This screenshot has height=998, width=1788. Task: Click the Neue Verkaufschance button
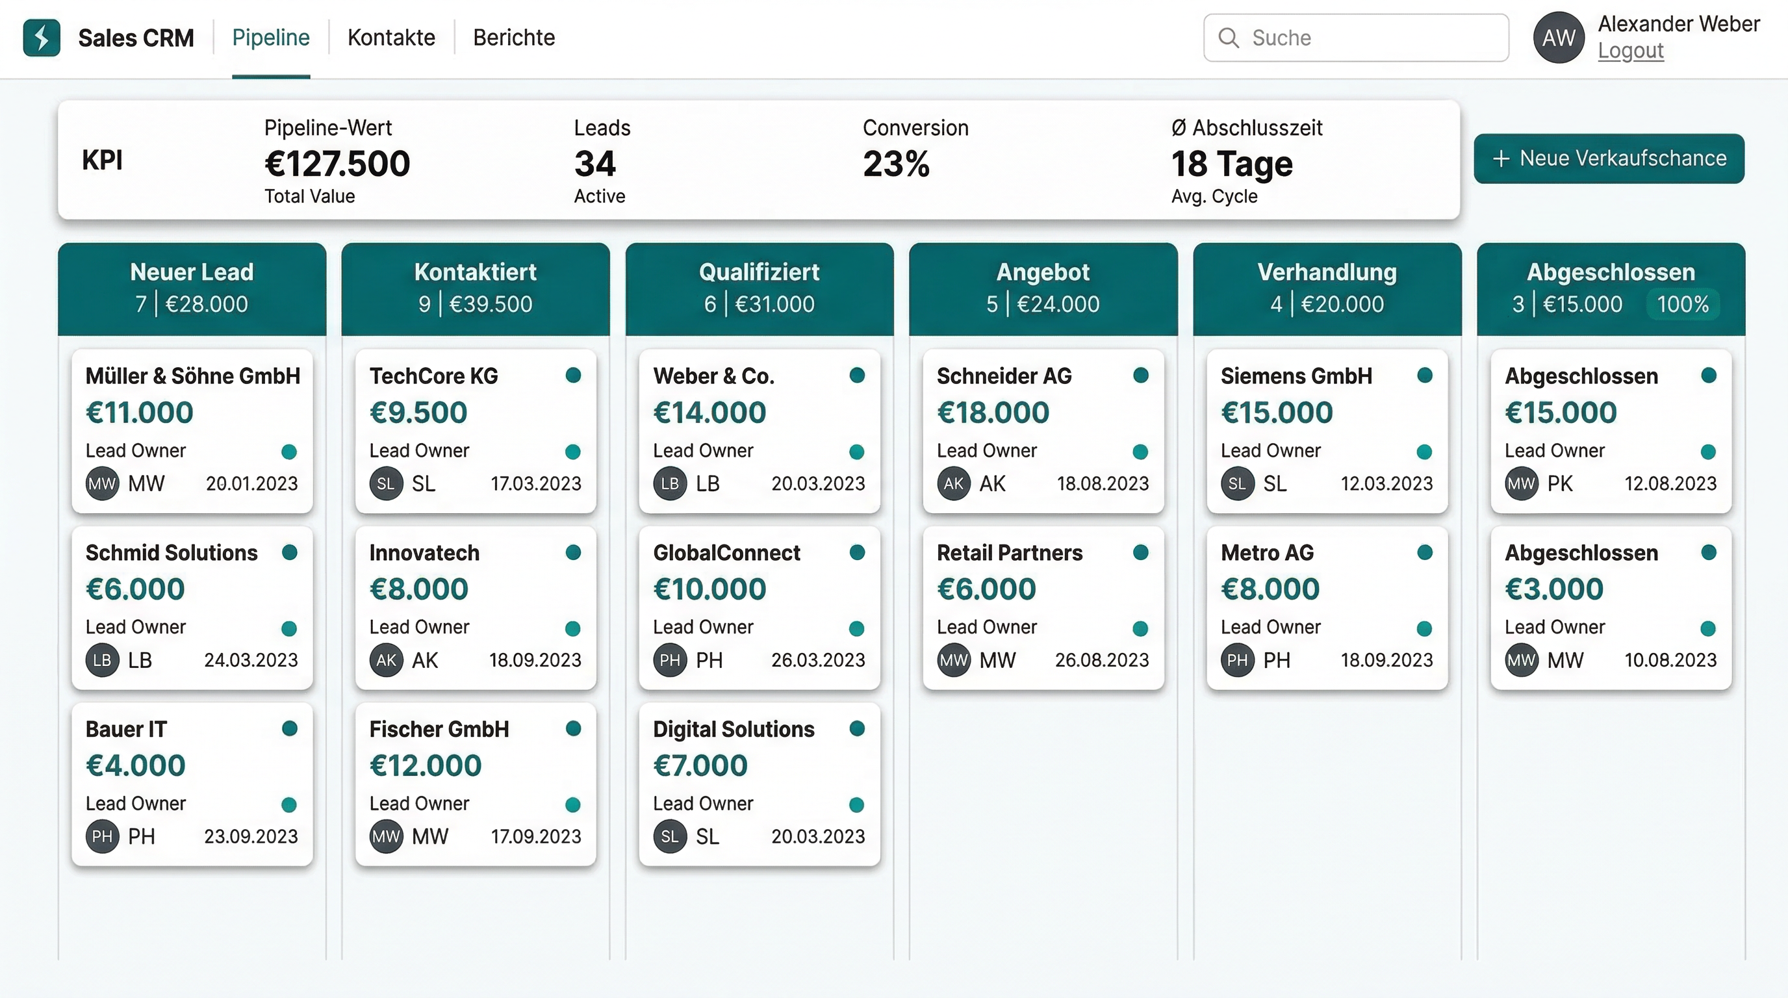click(x=1608, y=159)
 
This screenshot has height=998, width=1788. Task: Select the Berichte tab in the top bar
click(x=514, y=38)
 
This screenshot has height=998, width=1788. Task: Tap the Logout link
click(x=1629, y=51)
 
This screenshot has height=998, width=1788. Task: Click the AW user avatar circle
click(x=1558, y=38)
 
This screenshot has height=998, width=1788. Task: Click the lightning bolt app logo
click(x=42, y=38)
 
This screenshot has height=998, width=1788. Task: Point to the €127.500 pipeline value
click(x=337, y=164)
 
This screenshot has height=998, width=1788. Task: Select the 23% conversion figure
click(x=895, y=164)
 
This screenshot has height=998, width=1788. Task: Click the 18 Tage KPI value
click(x=1231, y=164)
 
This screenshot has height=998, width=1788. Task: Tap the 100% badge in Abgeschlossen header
click(x=1682, y=304)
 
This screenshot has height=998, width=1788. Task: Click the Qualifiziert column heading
click(x=759, y=272)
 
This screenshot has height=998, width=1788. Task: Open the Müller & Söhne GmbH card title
click(x=193, y=376)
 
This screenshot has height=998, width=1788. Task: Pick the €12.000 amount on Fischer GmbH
click(x=426, y=765)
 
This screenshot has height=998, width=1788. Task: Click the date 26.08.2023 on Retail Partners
click(x=1101, y=660)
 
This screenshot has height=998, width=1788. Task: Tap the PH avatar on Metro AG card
click(x=1237, y=660)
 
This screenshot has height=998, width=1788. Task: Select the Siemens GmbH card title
click(x=1296, y=376)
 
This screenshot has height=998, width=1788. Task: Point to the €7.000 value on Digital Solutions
click(x=700, y=765)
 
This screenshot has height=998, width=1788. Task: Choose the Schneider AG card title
click(x=1004, y=376)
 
